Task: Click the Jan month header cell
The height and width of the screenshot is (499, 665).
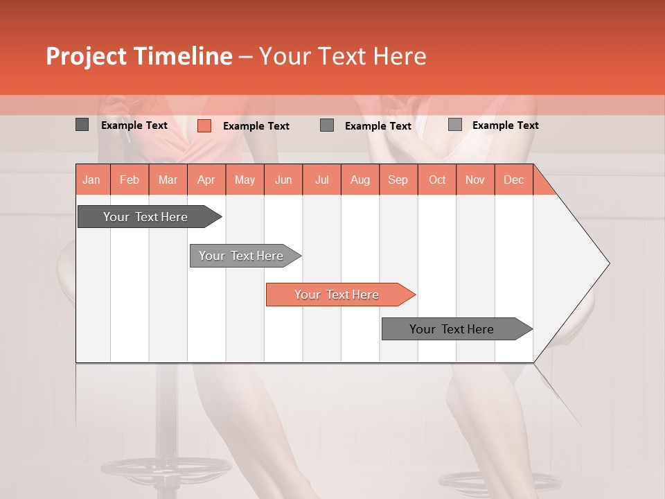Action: click(x=92, y=180)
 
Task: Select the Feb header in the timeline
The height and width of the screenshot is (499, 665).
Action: click(x=130, y=180)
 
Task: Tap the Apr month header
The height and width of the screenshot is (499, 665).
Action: click(x=206, y=180)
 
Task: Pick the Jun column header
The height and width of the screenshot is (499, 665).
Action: click(x=283, y=180)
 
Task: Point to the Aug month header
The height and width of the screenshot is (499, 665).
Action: click(x=360, y=180)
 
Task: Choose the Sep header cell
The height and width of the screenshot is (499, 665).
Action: click(x=398, y=180)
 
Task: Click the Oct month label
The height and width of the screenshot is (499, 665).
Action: click(x=437, y=180)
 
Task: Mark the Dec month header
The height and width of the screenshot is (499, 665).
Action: click(x=514, y=180)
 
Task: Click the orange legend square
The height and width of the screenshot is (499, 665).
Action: click(x=204, y=125)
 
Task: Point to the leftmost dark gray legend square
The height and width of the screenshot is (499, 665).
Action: click(x=82, y=125)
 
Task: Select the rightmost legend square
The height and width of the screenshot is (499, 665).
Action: click(x=455, y=125)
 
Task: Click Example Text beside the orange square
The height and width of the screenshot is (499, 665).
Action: click(x=256, y=126)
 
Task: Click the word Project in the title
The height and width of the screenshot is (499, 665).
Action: click(x=85, y=57)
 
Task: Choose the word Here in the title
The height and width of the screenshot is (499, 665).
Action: click(x=400, y=57)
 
